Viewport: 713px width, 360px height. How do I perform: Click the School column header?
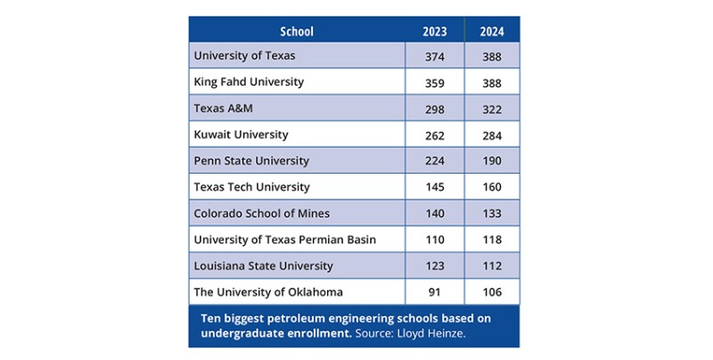(297, 31)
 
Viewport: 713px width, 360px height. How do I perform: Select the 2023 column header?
(434, 31)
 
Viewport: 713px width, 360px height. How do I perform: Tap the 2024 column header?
(491, 31)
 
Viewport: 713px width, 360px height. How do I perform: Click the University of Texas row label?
(244, 55)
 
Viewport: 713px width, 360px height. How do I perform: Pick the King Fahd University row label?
(249, 82)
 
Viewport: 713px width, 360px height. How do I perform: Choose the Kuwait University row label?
(241, 135)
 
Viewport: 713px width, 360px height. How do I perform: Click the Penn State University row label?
(251, 161)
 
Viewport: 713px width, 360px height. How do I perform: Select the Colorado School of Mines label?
(261, 214)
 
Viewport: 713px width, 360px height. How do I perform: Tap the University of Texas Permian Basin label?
(285, 240)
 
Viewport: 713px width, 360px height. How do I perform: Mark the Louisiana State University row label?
(263, 266)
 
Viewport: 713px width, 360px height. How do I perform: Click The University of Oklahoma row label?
(268, 292)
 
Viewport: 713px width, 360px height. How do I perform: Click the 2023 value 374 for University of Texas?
(434, 56)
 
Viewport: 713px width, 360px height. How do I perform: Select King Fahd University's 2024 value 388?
(491, 82)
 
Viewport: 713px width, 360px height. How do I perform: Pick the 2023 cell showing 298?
(434, 109)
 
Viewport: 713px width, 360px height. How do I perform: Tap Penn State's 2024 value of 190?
(491, 161)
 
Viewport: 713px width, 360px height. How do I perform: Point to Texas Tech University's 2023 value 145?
(434, 188)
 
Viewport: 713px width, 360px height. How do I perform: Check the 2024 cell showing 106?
(491, 292)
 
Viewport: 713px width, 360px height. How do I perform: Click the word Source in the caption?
(373, 332)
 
